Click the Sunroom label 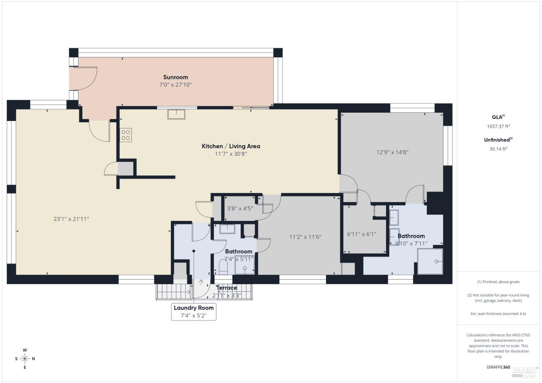pyautogui.click(x=175, y=77)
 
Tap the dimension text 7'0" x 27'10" pyautogui.click(x=175, y=85)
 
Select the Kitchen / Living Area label pyautogui.click(x=231, y=146)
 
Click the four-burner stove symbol pyautogui.click(x=126, y=135)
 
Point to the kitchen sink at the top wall pyautogui.click(x=176, y=114)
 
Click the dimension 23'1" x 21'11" pyautogui.click(x=71, y=219)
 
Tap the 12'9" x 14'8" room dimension pyautogui.click(x=392, y=152)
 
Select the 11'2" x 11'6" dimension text pyautogui.click(x=305, y=237)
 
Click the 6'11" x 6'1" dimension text pyautogui.click(x=361, y=234)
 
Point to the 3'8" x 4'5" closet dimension pyautogui.click(x=240, y=208)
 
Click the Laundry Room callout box pyautogui.click(x=194, y=312)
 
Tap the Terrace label pyautogui.click(x=227, y=288)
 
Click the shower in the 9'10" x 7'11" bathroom pyautogui.click(x=430, y=261)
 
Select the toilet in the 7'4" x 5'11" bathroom pyautogui.click(x=223, y=267)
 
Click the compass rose pyautogui.click(x=25, y=358)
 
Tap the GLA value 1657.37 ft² pyautogui.click(x=498, y=126)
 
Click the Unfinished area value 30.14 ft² pyautogui.click(x=498, y=149)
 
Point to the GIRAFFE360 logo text pyautogui.click(x=498, y=367)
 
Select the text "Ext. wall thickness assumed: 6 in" pyautogui.click(x=498, y=314)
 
